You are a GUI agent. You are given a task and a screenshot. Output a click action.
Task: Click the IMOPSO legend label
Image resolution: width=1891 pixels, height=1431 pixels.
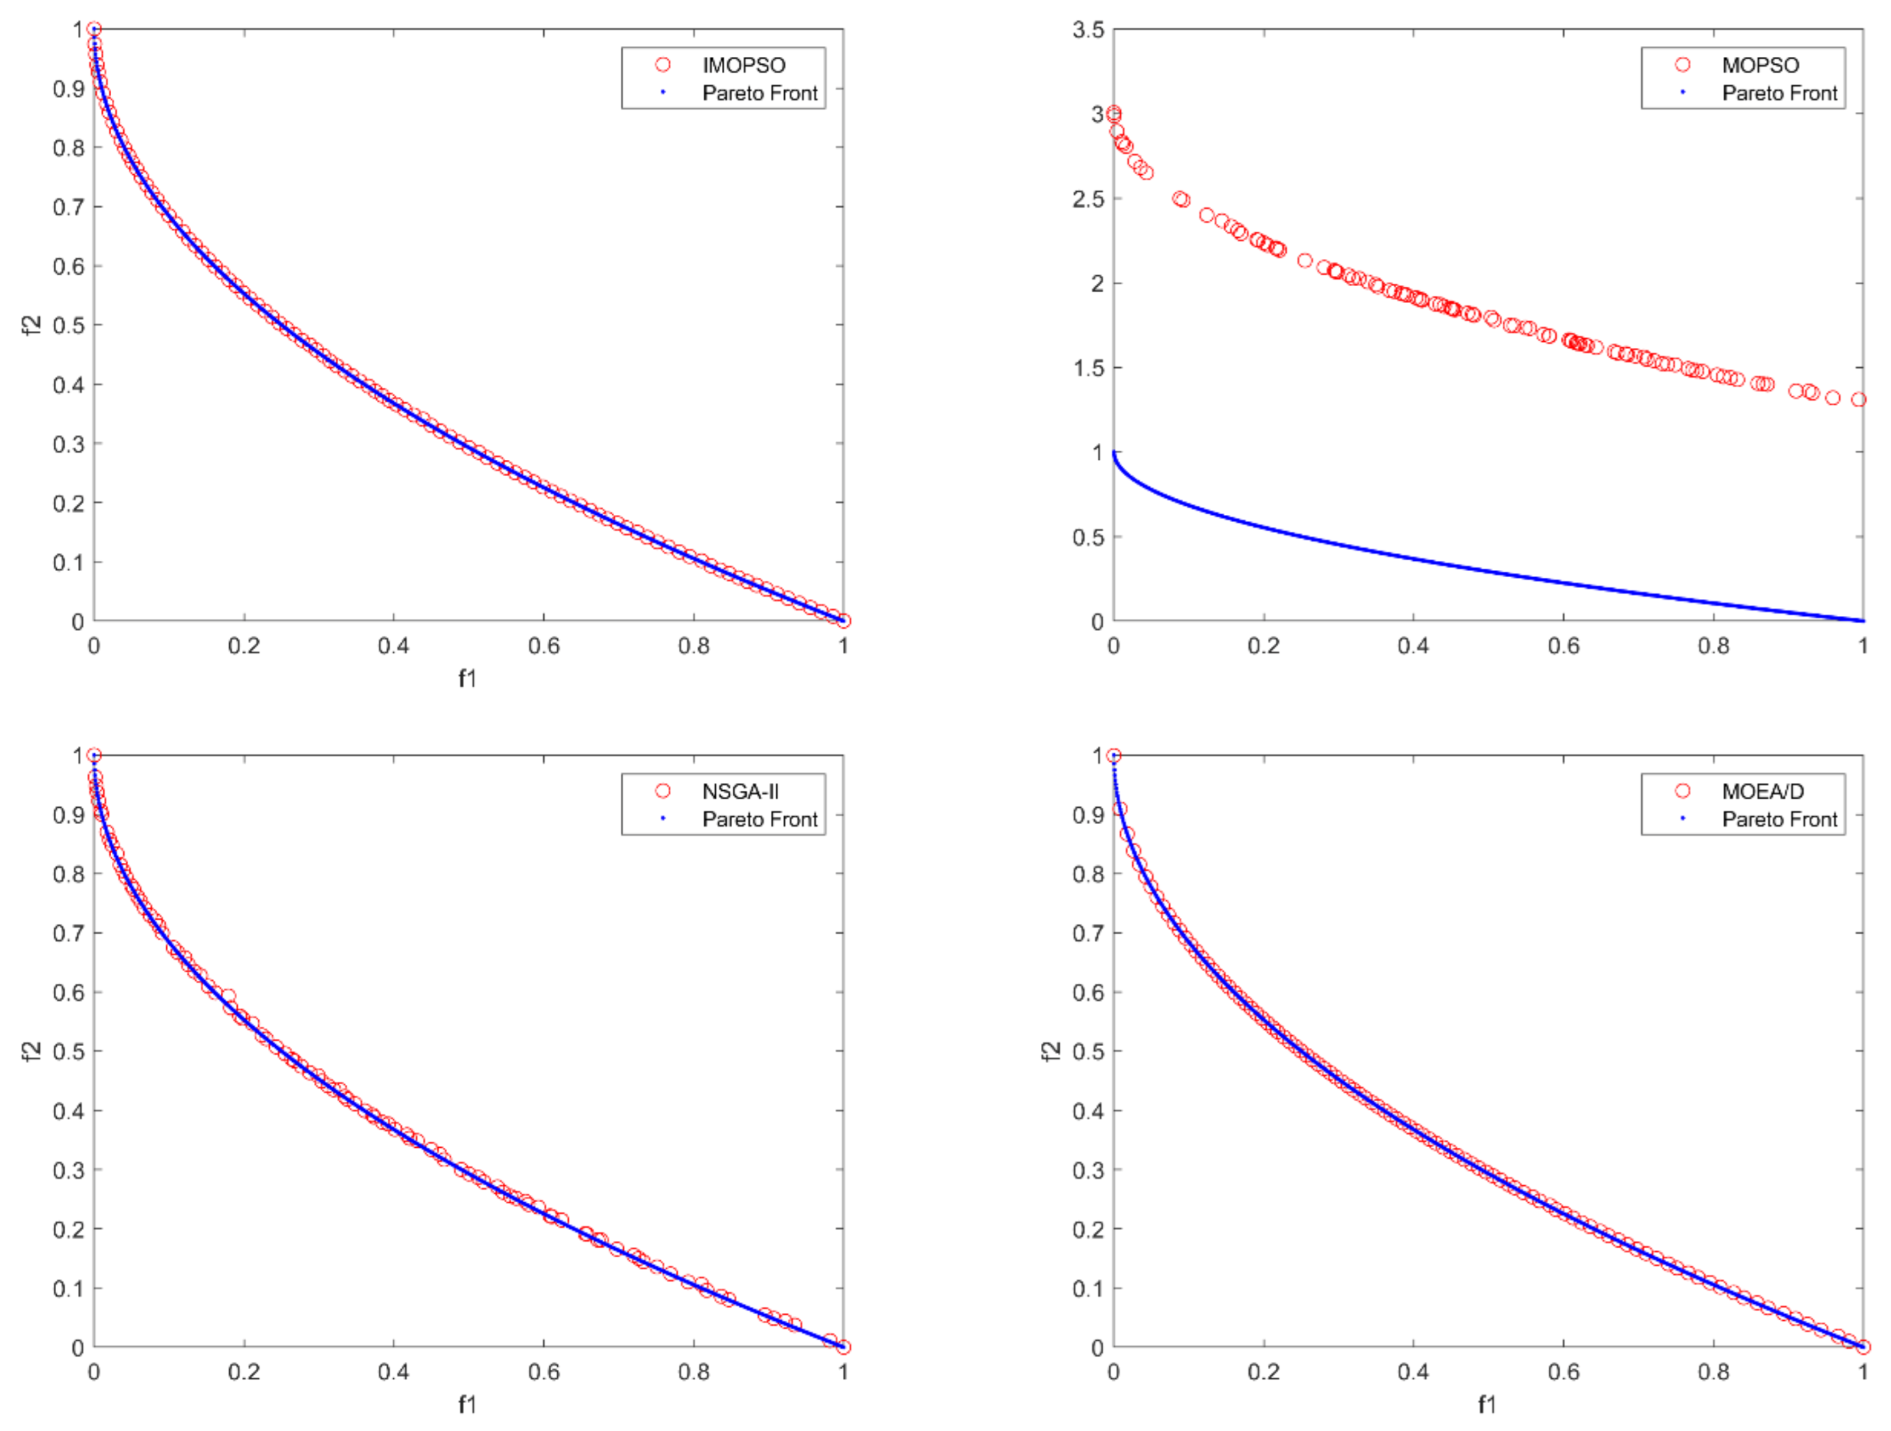[x=743, y=65]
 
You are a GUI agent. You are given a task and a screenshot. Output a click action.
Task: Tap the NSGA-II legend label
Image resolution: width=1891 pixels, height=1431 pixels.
[x=739, y=791]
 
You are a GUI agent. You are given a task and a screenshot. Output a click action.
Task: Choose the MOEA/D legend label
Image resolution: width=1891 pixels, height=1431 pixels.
[x=1762, y=791]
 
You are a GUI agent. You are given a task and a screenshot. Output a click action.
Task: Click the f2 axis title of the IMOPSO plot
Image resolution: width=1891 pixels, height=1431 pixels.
[x=32, y=325]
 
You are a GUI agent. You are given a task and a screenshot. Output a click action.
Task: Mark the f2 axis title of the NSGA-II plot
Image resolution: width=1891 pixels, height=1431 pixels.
[x=32, y=1051]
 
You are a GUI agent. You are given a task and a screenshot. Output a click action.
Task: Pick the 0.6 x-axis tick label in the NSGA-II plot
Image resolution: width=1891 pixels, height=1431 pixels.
[x=543, y=1372]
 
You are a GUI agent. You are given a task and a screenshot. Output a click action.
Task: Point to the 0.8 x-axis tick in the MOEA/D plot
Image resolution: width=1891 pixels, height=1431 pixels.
[x=1713, y=1372]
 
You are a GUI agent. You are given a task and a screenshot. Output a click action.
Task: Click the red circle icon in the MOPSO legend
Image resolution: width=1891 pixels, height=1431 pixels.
[x=1682, y=65]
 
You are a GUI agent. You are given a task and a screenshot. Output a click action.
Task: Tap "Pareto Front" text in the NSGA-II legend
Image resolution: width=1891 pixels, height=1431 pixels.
[x=759, y=819]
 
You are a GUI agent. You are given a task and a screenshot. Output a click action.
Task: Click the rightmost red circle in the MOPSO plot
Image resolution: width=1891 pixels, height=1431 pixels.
[x=1858, y=399]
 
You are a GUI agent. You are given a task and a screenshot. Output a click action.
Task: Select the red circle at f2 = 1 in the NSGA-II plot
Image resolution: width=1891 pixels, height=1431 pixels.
[x=94, y=755]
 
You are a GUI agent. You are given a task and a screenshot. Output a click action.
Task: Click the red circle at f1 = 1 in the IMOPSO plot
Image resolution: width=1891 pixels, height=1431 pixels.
[x=843, y=620]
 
